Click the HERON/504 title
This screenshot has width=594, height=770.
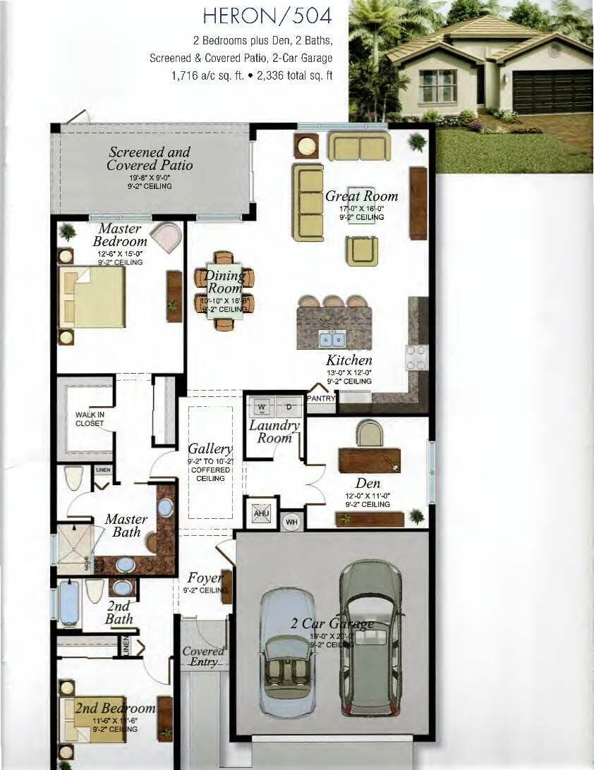[x=267, y=15]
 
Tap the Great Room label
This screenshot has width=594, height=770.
[x=361, y=196]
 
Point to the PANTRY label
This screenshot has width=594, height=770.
[x=321, y=398]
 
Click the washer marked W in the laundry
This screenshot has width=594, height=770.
[x=262, y=407]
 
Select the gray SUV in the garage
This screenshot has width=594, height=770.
[x=369, y=638]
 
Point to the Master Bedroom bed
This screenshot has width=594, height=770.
[x=92, y=296]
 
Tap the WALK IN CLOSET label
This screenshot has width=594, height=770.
[x=90, y=419]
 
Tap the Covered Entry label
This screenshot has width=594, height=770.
[x=203, y=656]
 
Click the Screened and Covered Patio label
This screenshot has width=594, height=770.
[x=150, y=159]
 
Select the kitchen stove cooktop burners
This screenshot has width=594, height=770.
[x=416, y=357]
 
